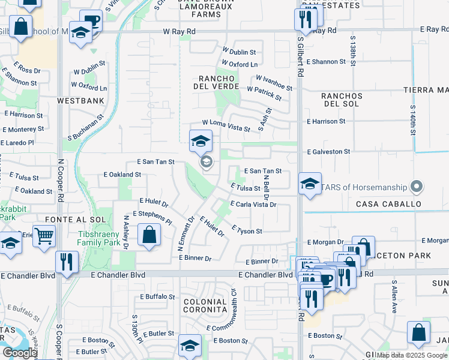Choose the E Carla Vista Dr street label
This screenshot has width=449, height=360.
coord(252,205)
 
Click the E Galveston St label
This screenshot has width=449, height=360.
coord(328,152)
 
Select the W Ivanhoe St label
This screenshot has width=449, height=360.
coord(274,82)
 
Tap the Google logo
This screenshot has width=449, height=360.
coord(20,353)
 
